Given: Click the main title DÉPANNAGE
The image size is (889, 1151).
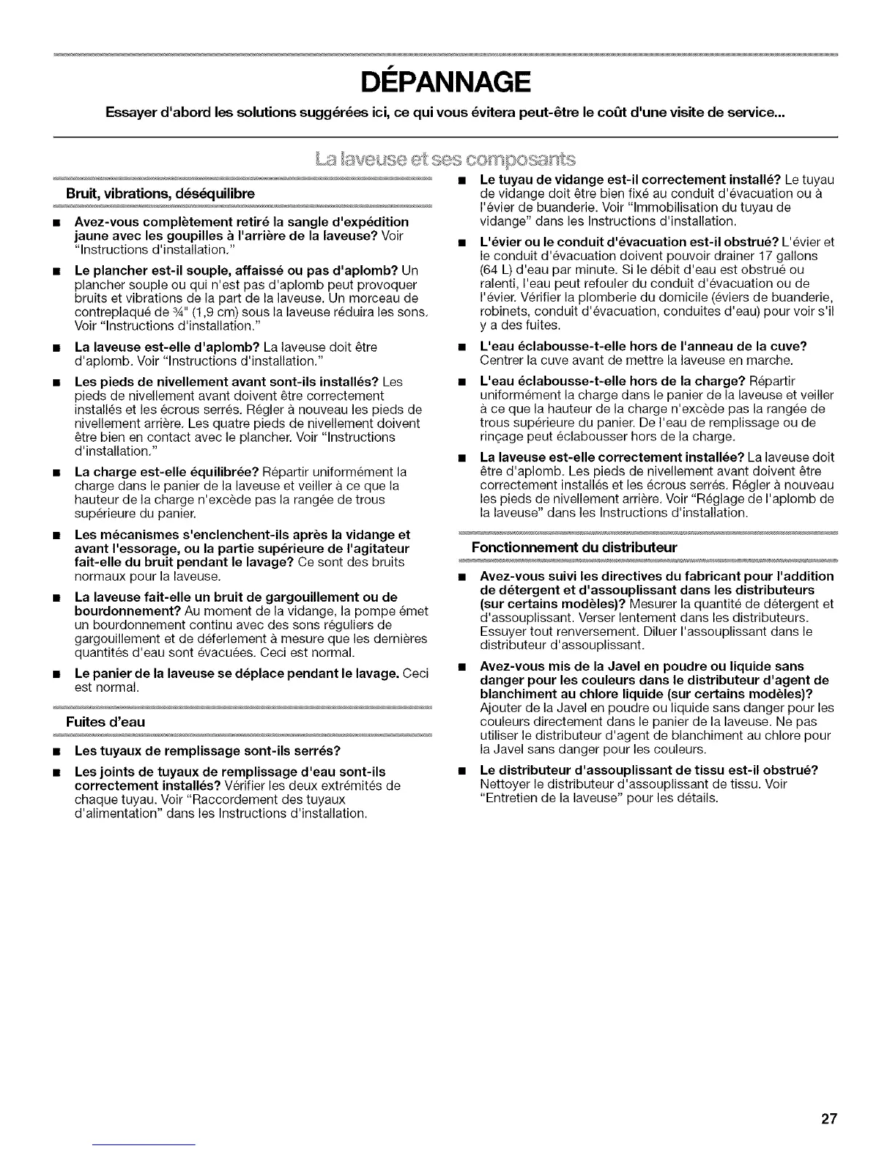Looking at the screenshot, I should click(x=444, y=83).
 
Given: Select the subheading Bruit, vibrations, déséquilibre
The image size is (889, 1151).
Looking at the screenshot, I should click(x=161, y=194).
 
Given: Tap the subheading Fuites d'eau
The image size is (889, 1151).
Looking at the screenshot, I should click(x=105, y=722).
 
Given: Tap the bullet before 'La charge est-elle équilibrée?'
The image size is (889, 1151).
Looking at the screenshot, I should click(x=56, y=472).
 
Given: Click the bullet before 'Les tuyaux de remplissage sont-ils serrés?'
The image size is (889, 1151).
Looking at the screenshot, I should click(x=56, y=750).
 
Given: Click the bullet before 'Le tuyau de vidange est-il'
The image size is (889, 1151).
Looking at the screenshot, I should click(x=461, y=179).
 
